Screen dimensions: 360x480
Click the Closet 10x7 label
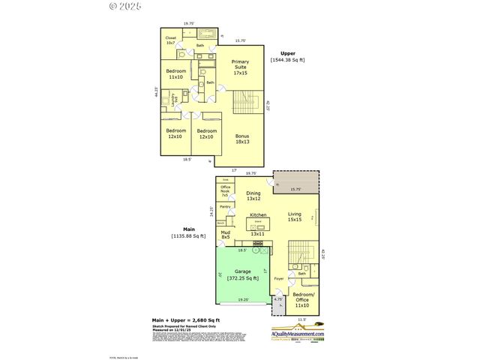[171, 40]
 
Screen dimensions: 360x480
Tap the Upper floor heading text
[287, 53]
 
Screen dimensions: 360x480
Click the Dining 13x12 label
[253, 196]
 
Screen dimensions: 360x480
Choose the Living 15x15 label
[295, 217]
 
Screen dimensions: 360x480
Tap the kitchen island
[258, 223]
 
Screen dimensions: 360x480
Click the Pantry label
[224, 206]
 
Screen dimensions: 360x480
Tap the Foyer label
[278, 279]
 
